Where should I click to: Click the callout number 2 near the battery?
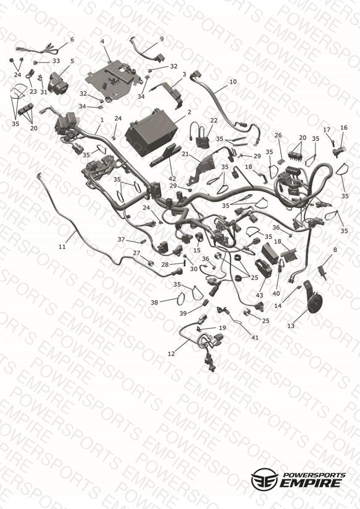coord(189,112)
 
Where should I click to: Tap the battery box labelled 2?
coord(151,137)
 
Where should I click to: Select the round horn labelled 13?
coord(312,298)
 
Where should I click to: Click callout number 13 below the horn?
coord(291,325)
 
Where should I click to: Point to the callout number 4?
coord(103,41)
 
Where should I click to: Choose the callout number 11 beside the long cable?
coord(62,246)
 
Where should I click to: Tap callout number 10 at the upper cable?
coord(233,82)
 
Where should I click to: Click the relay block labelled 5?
coord(58,82)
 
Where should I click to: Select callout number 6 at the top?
coord(72,40)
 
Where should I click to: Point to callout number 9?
coord(162,39)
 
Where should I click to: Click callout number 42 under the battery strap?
coord(172,179)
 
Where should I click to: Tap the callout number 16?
coord(344,128)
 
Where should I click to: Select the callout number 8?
coord(335,250)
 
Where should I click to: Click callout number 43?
coord(259,295)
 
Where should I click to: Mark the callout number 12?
coord(171,353)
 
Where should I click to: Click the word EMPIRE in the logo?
coord(311,483)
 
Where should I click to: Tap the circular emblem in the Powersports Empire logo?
coord(264,479)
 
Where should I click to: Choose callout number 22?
coord(214,120)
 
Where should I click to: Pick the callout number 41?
coord(255,338)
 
